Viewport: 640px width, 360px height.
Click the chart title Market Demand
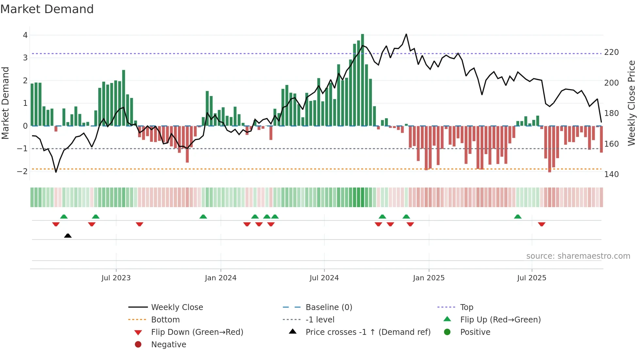point(47,9)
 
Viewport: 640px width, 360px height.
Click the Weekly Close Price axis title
point(632,103)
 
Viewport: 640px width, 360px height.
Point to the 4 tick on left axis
point(25,35)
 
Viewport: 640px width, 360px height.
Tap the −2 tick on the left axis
point(23,171)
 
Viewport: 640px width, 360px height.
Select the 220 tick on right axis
point(611,52)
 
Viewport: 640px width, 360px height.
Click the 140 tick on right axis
point(611,174)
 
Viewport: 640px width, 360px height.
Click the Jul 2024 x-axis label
point(324,278)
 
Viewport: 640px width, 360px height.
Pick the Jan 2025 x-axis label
point(428,278)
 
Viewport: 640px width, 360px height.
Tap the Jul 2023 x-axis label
point(116,278)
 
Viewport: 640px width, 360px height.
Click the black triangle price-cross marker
point(68,236)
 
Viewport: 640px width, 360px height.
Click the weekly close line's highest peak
point(406,34)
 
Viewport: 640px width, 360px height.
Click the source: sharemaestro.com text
point(578,256)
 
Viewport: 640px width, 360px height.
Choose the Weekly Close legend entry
point(177,307)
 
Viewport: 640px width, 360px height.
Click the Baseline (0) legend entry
point(328,307)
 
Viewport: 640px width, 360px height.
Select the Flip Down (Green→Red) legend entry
point(197,332)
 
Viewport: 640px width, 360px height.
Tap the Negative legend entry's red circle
point(138,345)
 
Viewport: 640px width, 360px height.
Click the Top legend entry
point(466,307)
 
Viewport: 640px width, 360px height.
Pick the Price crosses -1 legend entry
point(368,332)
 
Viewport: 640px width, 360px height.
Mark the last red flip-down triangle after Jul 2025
point(542,224)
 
